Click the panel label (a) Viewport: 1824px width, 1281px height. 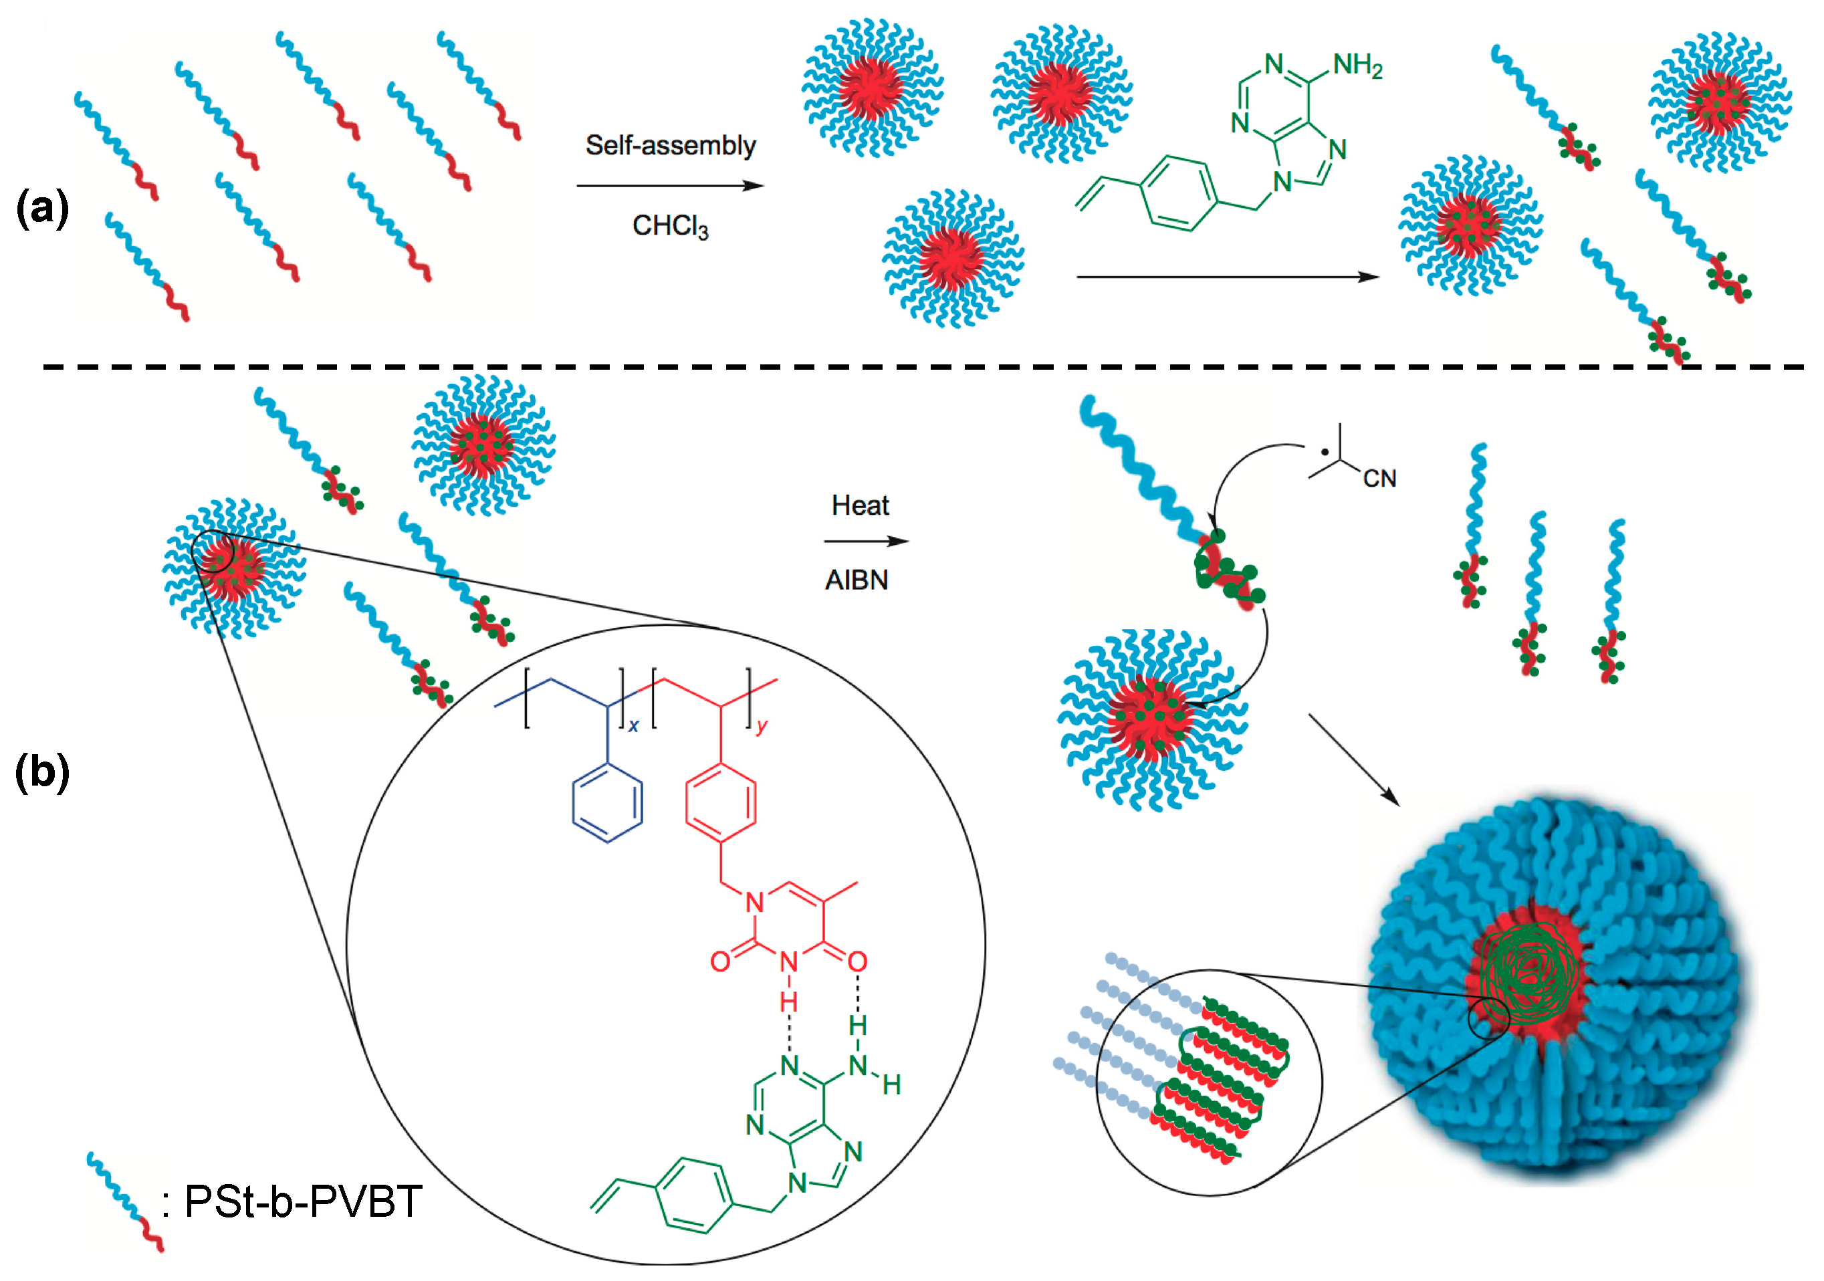43,208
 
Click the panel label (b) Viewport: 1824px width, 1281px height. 43,772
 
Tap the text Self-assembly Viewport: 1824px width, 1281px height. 670,145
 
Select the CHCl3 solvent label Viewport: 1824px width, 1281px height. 670,227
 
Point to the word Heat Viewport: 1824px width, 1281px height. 860,505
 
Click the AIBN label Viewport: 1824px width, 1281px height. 857,580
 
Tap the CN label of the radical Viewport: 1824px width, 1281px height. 1379,478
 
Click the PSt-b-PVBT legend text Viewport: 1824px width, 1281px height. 303,1201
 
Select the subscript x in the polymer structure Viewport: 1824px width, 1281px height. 633,725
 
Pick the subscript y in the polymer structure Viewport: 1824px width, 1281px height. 761,725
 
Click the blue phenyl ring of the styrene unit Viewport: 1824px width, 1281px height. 608,802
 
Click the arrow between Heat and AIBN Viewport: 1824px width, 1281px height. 866,542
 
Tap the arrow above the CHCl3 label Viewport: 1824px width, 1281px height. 670,186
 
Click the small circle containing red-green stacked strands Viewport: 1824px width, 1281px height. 1209,1082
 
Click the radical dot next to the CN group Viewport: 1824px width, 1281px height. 1325,453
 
